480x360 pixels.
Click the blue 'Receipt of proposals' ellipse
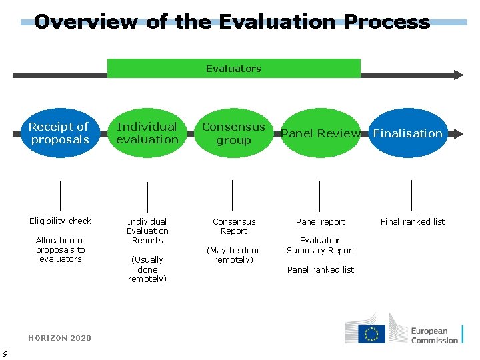(x=59, y=133)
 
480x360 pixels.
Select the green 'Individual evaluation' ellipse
(x=147, y=133)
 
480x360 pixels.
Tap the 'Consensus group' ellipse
(x=233, y=133)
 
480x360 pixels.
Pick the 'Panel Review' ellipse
(x=321, y=133)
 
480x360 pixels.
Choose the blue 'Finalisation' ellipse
(x=407, y=133)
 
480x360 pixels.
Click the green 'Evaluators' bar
(x=233, y=69)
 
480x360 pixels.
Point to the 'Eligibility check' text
(x=60, y=221)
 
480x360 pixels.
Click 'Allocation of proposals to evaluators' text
(x=60, y=249)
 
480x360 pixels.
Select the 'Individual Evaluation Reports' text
(x=147, y=231)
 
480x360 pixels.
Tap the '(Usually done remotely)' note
(x=148, y=269)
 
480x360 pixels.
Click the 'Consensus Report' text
(x=234, y=226)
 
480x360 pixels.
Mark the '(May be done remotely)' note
(x=234, y=255)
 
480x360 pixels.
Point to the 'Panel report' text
(x=321, y=221)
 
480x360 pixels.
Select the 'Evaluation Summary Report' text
(x=321, y=245)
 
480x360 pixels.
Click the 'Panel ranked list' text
(x=321, y=269)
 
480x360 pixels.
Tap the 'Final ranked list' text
(x=412, y=221)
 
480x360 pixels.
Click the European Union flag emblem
(x=371, y=334)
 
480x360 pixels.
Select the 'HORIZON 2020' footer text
(x=60, y=338)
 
